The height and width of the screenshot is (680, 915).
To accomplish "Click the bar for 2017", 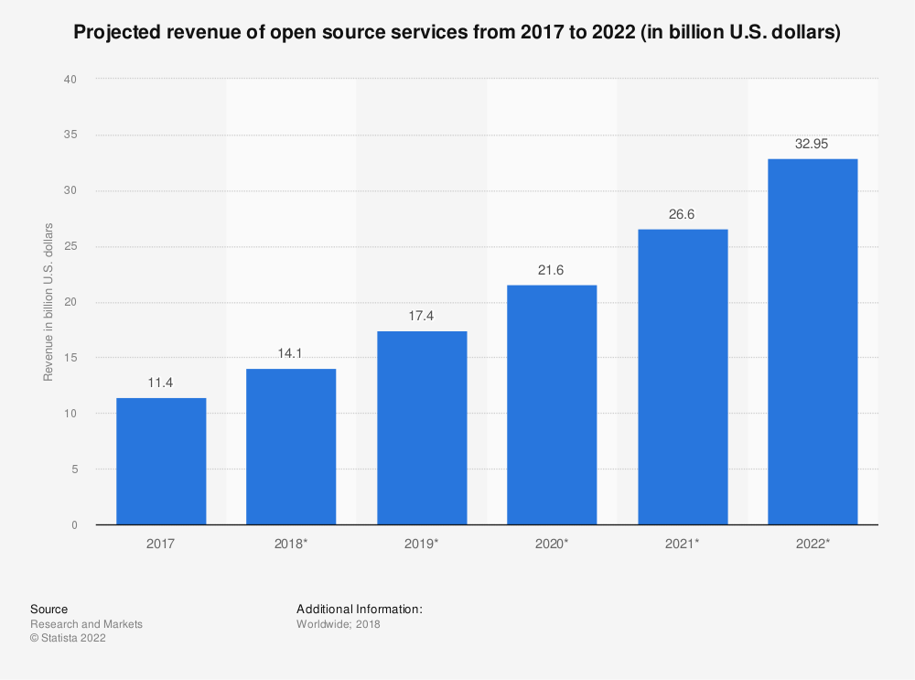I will tap(161, 461).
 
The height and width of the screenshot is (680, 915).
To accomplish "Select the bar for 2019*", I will tap(422, 428).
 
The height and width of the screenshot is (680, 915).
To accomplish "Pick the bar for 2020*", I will tap(552, 405).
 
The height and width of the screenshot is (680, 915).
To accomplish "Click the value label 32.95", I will tap(813, 144).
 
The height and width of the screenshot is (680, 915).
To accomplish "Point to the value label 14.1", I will tap(291, 353).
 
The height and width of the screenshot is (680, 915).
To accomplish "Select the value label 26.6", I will tap(683, 214).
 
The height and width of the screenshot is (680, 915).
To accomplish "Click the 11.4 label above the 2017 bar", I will tap(161, 383).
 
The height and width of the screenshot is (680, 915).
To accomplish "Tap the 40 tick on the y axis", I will tap(70, 80).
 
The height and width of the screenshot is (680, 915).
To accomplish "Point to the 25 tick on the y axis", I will tap(70, 246).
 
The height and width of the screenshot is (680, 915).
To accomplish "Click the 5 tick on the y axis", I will tap(72, 470).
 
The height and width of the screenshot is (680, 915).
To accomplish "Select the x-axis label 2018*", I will tap(291, 543).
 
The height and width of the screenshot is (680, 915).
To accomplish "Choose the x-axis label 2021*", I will tap(683, 543).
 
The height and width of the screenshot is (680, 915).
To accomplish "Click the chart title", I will tap(457, 34).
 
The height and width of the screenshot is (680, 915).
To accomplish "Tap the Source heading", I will tap(48, 609).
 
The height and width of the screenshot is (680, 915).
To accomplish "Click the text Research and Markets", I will tap(86, 624).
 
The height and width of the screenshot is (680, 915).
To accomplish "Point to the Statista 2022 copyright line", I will tap(68, 639).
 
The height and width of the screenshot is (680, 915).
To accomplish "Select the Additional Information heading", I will tap(359, 609).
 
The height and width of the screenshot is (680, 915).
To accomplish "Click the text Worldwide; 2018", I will tap(338, 624).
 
